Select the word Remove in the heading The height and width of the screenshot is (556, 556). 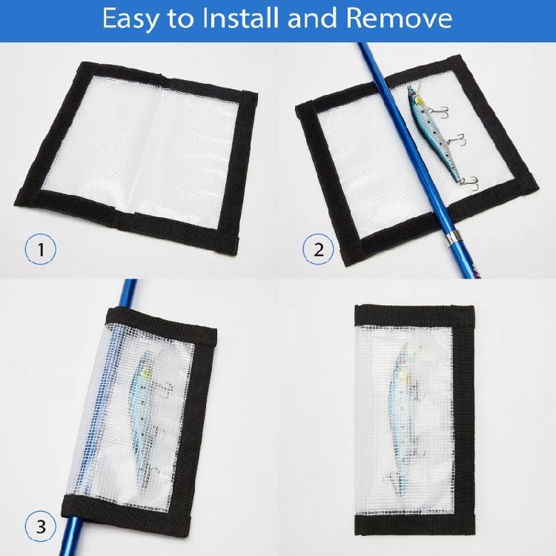[406, 19]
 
